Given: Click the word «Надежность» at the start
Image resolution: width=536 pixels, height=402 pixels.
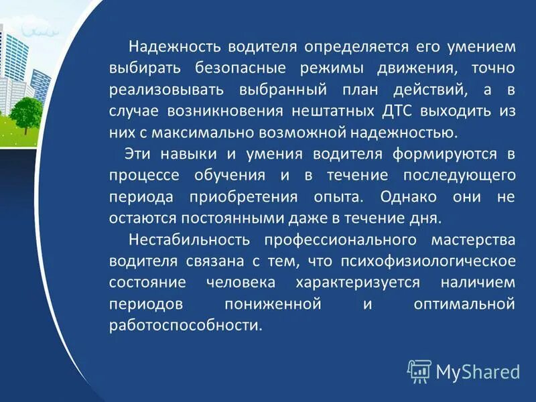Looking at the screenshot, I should (176, 48).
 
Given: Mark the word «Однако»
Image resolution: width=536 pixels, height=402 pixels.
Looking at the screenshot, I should (407, 196).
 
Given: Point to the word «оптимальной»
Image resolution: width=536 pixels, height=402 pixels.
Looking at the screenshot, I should (464, 303).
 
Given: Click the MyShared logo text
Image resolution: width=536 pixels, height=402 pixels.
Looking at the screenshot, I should (477, 371).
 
